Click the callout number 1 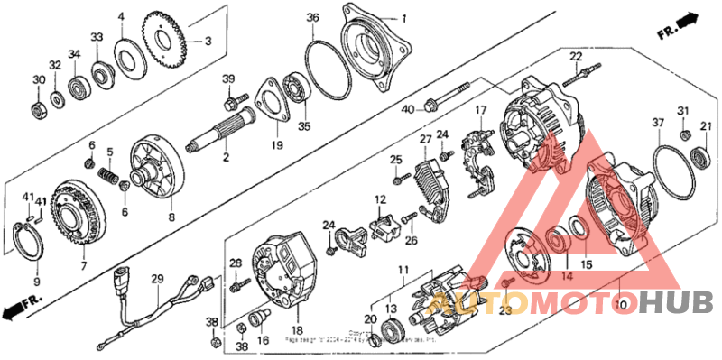404,18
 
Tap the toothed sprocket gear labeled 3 167,42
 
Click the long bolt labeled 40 448,96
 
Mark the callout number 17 481,111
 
